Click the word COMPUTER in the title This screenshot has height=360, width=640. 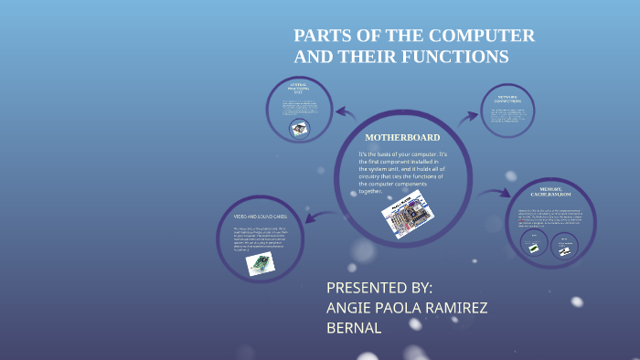[485, 37]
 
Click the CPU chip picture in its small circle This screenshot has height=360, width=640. [299, 128]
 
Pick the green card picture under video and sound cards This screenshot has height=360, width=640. [260, 263]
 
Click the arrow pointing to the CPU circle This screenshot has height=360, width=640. [346, 113]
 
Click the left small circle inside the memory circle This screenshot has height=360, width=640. [531, 244]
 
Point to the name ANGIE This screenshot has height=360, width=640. [355, 308]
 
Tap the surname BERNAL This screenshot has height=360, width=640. [354, 328]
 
